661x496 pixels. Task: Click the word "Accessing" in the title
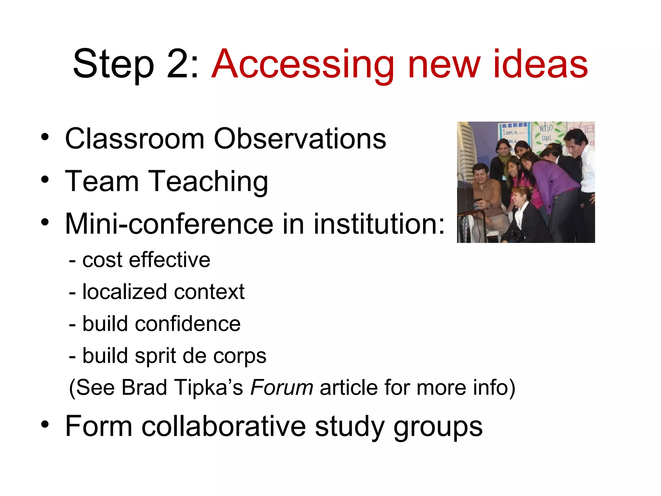(302, 65)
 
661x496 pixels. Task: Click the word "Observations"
(300, 139)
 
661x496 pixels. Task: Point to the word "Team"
(102, 181)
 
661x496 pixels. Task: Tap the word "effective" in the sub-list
(169, 260)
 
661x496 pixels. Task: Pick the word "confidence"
(188, 324)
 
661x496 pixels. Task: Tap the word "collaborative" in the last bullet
(224, 426)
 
